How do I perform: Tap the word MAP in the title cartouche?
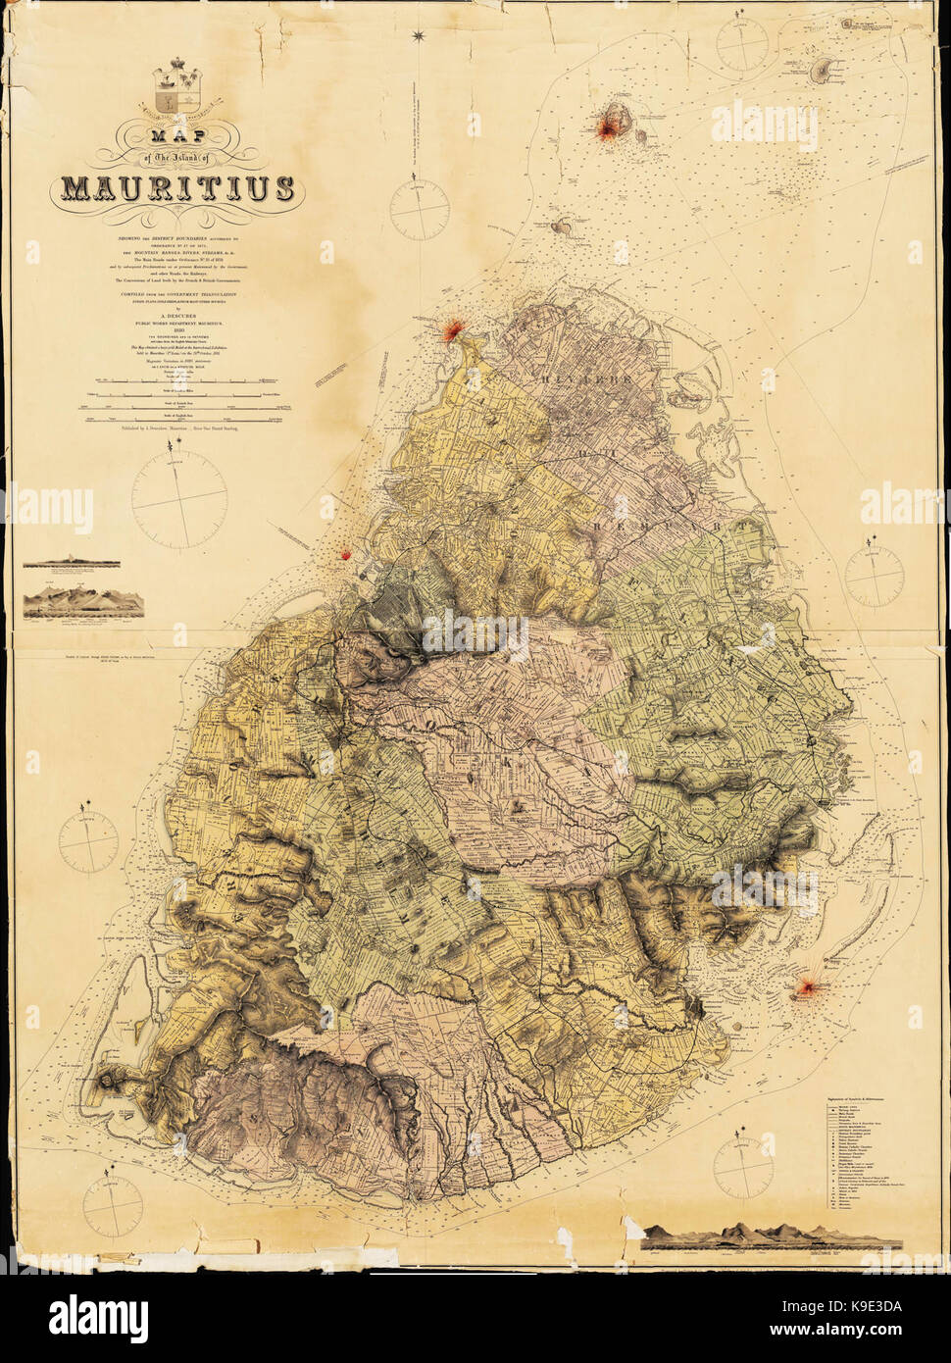(178, 139)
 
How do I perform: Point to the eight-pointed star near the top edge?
(420, 37)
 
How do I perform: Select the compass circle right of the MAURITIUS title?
(420, 204)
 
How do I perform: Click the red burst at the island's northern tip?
(451, 331)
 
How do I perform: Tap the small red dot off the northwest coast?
(345, 555)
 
